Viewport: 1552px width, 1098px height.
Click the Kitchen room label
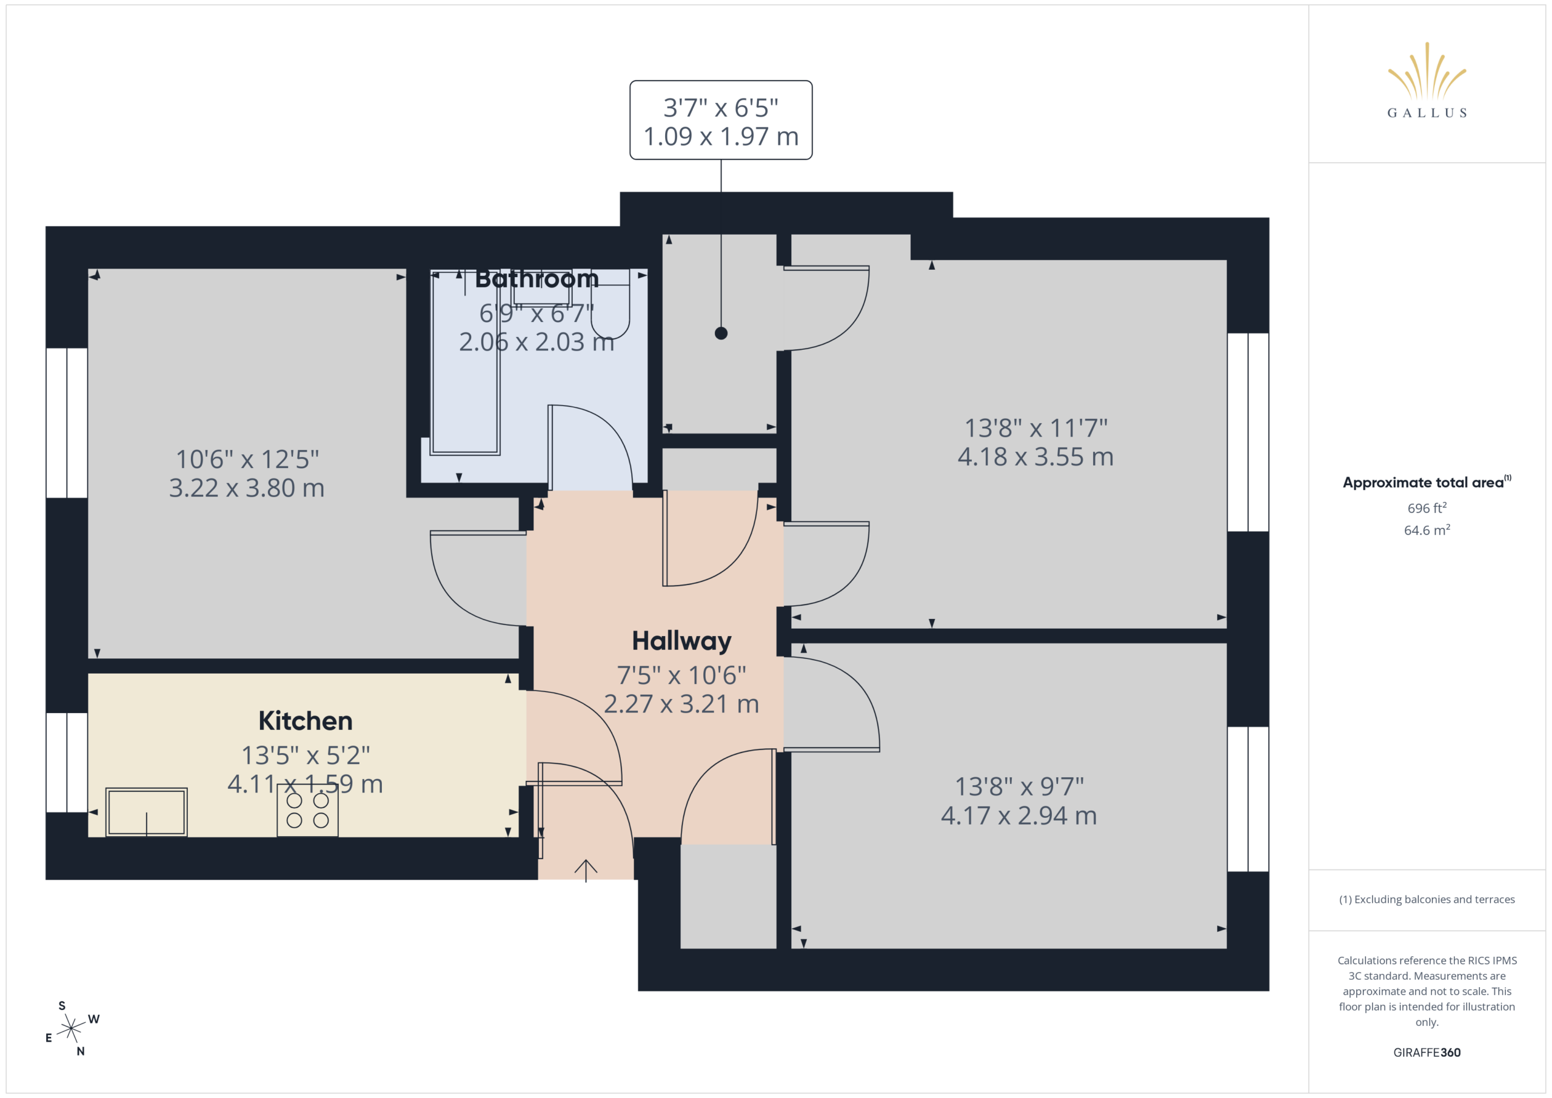[306, 721]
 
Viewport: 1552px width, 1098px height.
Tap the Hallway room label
[681, 641]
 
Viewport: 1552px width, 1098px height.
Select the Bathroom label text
[537, 278]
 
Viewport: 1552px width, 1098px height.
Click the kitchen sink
[146, 812]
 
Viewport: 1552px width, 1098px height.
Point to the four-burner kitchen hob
[307, 810]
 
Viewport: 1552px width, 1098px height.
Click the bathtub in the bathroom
[465, 362]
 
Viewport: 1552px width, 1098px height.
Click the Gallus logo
[1427, 81]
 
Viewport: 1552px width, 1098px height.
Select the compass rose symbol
[71, 1028]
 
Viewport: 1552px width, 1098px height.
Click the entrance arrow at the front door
[586, 871]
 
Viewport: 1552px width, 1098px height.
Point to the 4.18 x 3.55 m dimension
[1035, 457]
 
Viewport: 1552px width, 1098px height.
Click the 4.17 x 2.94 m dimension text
[1018, 816]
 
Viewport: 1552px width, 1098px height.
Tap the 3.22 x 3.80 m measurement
[247, 488]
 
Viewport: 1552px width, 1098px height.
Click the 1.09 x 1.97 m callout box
[721, 120]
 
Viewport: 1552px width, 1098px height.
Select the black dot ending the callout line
[721, 333]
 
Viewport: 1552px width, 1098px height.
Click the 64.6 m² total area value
[1427, 530]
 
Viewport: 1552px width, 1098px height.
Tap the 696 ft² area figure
[1427, 507]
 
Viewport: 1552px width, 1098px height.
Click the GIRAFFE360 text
[1427, 1053]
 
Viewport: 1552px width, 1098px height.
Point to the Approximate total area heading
[1427, 482]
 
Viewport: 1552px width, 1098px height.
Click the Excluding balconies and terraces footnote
[1427, 899]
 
